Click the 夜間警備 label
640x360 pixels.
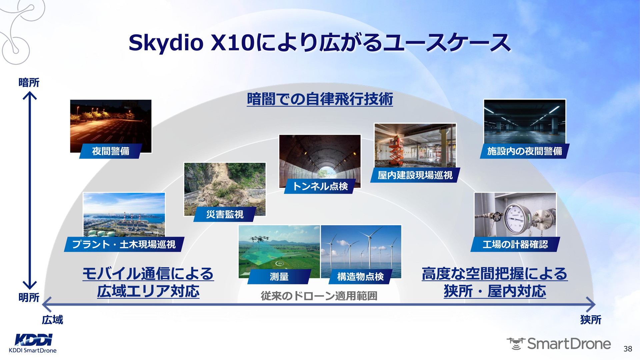(111, 151)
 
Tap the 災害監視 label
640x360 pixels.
(225, 214)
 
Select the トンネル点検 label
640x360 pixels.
(320, 186)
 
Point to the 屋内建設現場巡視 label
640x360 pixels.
(415, 175)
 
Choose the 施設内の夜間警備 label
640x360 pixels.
(525, 151)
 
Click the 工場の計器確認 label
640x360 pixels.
(515, 244)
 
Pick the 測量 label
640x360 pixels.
(279, 277)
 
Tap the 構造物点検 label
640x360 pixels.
(360, 277)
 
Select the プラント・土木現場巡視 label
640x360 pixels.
(124, 244)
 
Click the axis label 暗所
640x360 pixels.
(29, 83)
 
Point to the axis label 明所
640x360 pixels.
(29, 297)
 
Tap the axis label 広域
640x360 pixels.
(52, 320)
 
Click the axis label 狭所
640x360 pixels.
(591, 320)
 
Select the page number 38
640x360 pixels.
(628, 349)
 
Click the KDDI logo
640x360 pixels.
(34, 340)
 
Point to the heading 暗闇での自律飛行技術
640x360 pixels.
(320, 99)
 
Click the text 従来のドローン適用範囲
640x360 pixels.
(319, 296)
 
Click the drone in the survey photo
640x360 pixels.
(260, 239)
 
